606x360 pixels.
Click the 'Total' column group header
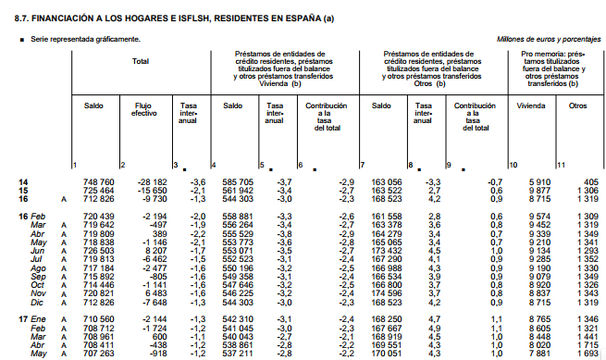coord(140,62)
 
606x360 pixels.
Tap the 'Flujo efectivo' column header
coord(144,110)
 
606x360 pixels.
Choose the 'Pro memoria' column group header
coord(553,68)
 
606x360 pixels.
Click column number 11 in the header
coord(561,165)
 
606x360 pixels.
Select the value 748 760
coord(99,181)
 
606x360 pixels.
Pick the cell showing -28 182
coord(150,181)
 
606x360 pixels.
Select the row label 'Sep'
coord(39,277)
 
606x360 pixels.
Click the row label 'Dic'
coord(39,302)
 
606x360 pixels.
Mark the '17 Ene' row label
coord(32,318)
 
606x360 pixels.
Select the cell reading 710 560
coord(99,318)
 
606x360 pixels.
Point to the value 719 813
coord(99,260)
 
